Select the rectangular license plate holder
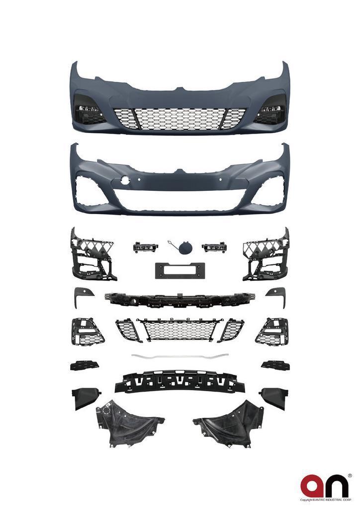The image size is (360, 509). click(x=180, y=270)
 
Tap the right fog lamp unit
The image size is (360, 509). click(x=214, y=247)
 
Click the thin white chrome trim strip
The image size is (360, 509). click(x=180, y=356)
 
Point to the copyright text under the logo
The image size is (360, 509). click(x=326, y=500)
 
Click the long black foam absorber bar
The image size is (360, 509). click(x=180, y=382)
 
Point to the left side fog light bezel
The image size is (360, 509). click(x=87, y=332)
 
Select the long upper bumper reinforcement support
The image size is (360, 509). click(x=180, y=300)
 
